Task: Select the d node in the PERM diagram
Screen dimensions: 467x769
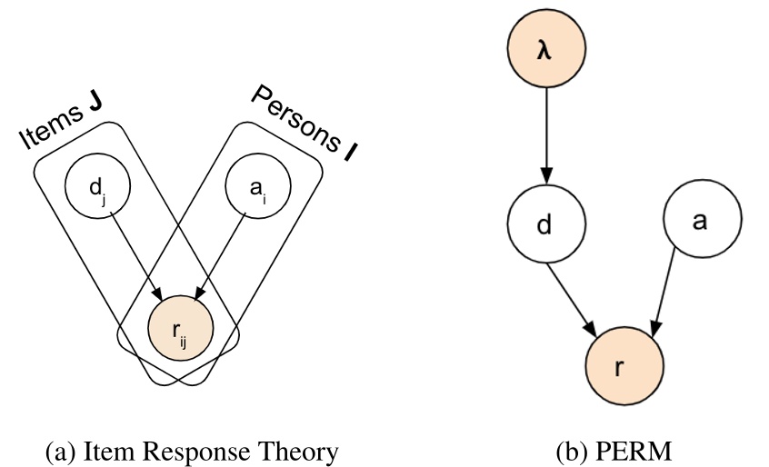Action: (544, 224)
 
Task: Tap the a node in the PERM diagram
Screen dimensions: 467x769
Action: (700, 223)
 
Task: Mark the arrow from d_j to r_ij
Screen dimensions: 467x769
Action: (136, 254)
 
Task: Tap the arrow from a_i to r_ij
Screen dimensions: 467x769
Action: (223, 255)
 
